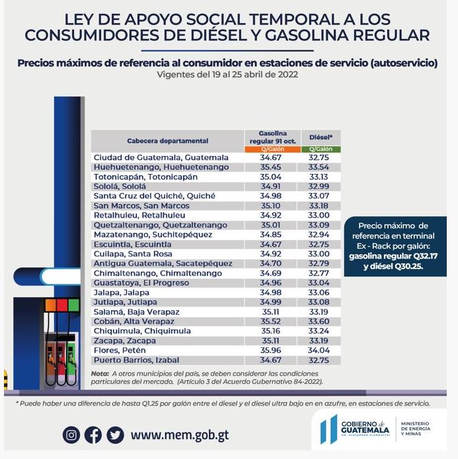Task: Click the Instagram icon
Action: tap(71, 435)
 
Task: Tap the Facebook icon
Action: tap(93, 435)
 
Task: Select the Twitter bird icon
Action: tap(115, 435)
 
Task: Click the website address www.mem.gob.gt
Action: tap(180, 435)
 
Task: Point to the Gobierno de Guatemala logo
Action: tap(354, 429)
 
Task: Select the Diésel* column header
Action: tap(321, 138)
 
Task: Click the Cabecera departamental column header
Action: tap(167, 141)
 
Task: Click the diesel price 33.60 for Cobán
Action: tap(321, 321)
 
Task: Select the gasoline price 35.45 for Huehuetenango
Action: tap(272, 167)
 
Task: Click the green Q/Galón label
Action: tap(321, 149)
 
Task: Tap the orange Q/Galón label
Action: tap(272, 149)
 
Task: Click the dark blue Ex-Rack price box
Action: tap(393, 247)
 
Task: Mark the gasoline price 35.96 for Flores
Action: tap(272, 350)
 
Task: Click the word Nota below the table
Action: tap(100, 373)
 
